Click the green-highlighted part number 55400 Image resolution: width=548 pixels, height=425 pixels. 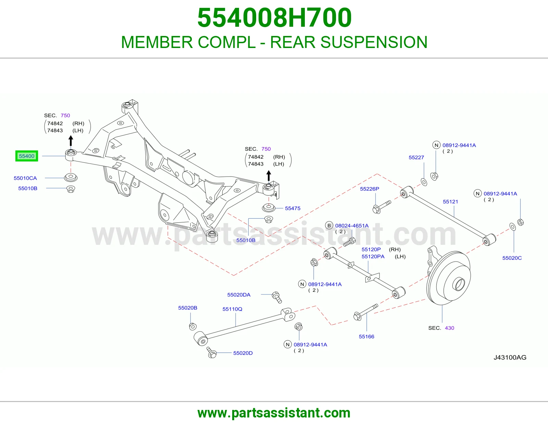click(26, 156)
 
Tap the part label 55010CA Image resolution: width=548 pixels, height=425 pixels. click(25, 178)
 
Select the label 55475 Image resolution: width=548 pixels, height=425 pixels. click(292, 208)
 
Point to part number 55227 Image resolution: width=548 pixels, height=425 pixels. click(416, 157)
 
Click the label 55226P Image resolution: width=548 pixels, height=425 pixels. click(370, 189)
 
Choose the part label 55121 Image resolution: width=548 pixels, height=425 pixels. click(450, 202)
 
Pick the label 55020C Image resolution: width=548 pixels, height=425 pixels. click(512, 258)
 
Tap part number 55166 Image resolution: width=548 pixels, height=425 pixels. click(366, 337)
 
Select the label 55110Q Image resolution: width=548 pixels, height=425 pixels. click(232, 309)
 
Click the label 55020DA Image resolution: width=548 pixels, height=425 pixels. click(239, 295)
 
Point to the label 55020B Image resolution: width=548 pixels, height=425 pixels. click(188, 308)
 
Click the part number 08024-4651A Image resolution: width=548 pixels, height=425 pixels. click(352, 226)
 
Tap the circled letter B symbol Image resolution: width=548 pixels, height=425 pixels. click(329, 226)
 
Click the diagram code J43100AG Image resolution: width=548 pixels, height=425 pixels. click(510, 357)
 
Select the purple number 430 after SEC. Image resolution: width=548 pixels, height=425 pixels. click(449, 328)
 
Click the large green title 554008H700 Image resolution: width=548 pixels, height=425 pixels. click(274, 18)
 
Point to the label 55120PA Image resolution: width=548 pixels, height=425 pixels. click(373, 256)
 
